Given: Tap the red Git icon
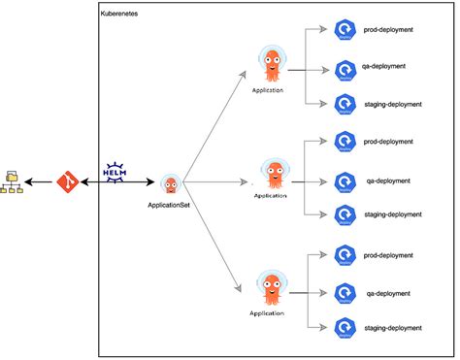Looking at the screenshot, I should tap(67, 181).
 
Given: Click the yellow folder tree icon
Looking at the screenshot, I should tap(13, 181).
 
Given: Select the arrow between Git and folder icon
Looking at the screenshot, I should tap(40, 181).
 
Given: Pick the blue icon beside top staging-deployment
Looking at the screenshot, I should tap(345, 102).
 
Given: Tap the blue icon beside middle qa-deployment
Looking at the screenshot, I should tap(345, 180).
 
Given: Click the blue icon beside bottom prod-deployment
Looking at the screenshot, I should tap(345, 254).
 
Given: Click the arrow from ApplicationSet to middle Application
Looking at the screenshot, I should tap(214, 181).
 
